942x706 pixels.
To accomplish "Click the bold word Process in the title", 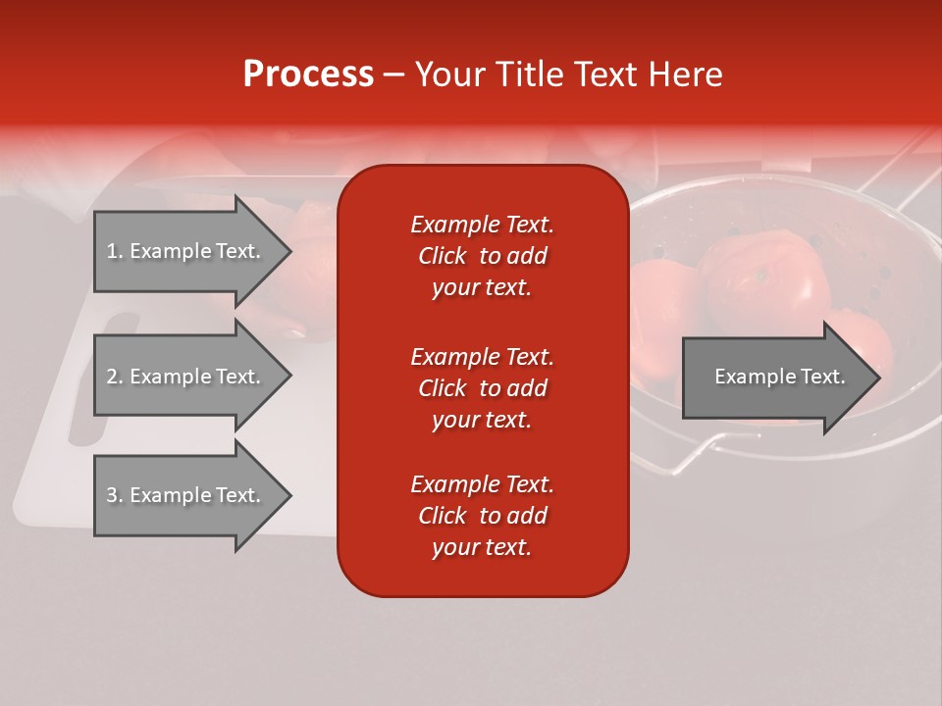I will [x=308, y=75].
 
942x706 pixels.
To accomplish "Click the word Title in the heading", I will [x=530, y=75].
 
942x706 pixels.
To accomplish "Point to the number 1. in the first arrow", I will [x=115, y=251].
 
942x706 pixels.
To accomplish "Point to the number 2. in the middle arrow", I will [x=115, y=377].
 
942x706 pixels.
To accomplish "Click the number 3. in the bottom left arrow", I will [x=115, y=495].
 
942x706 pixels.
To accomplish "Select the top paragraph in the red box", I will [x=482, y=256].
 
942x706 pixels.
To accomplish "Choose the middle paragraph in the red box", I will [x=482, y=388].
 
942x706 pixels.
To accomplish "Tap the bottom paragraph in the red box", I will [x=482, y=516].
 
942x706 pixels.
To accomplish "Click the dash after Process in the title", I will [x=393, y=76].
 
